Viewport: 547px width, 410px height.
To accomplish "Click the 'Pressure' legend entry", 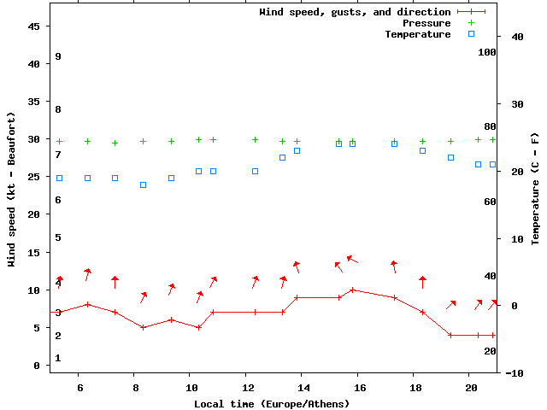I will pos(426,23).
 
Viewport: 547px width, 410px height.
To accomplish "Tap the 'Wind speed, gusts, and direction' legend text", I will pos(355,12).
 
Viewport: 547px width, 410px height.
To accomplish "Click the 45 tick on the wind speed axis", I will pos(34,26).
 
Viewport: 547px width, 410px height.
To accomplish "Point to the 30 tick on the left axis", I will pos(34,139).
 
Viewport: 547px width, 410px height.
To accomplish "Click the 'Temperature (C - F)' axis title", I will pos(535,188).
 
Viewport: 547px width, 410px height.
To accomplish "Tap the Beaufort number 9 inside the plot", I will pos(58,56).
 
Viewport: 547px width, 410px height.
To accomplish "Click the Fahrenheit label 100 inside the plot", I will pos(487,52).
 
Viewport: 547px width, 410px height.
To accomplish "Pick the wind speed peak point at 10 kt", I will pos(352,290).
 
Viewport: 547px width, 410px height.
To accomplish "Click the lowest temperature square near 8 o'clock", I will pos(143,184).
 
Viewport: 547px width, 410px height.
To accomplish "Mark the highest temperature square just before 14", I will pos(297,150).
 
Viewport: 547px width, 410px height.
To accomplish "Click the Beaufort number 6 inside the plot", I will pos(58,200).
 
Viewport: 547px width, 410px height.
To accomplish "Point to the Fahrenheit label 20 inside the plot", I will pos(490,351).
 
